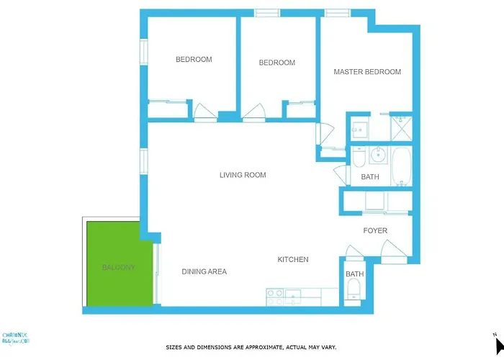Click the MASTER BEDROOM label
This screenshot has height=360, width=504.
pos(367,72)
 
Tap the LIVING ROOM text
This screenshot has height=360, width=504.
pos(243,175)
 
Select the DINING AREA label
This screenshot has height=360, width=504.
pos(204,271)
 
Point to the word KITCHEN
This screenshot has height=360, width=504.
pos(293,259)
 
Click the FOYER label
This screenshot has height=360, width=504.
pos(374,231)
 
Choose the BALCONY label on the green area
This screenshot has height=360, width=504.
pos(118,267)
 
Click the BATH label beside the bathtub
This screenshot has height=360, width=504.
pos(369,177)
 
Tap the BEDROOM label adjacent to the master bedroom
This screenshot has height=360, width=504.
pos(276,63)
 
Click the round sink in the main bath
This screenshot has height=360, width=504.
pos(376,153)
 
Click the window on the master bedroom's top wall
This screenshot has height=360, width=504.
pos(336,12)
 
